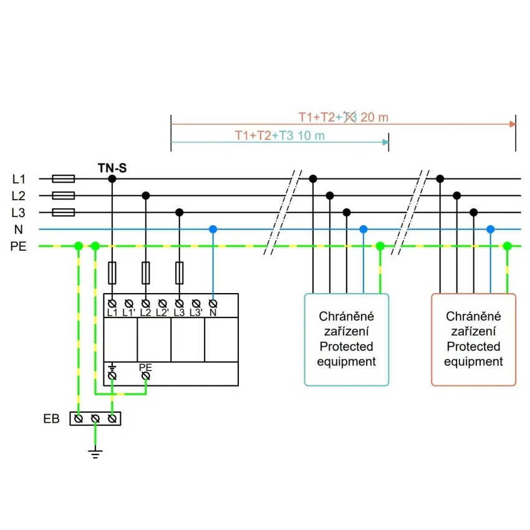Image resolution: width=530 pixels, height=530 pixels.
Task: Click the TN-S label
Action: (113, 167)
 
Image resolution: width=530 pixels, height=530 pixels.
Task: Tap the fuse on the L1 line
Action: (64, 179)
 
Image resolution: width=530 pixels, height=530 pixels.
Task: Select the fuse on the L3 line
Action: (64, 213)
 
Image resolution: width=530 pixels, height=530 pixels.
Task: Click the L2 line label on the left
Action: (19, 196)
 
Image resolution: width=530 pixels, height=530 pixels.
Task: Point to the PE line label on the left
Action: (19, 246)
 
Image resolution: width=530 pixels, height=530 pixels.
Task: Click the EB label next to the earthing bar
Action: (51, 419)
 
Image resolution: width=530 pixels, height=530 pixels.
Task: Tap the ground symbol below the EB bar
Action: (95, 453)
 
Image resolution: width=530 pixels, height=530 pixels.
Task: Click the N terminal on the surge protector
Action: (213, 304)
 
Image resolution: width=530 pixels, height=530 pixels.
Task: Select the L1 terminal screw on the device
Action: (112, 303)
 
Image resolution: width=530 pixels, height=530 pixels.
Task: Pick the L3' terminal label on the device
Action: (196, 312)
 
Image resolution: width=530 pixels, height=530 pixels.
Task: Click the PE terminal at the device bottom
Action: (146, 376)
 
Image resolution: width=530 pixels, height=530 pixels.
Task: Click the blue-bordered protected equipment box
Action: (346, 340)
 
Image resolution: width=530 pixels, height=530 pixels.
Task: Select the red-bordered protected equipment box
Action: (473, 340)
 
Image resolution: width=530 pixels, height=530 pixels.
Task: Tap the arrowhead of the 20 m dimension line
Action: (513, 123)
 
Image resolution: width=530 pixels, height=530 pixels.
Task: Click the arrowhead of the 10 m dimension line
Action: (385, 142)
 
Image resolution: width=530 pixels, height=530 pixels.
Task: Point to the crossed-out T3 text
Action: (350, 117)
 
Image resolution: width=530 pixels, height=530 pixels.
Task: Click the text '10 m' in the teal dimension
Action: (311, 135)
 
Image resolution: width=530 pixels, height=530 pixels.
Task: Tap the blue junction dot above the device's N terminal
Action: (213, 229)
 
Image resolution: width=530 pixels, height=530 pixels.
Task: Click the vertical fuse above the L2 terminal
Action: (146, 272)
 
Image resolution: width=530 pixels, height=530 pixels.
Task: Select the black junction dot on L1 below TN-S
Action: (112, 179)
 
